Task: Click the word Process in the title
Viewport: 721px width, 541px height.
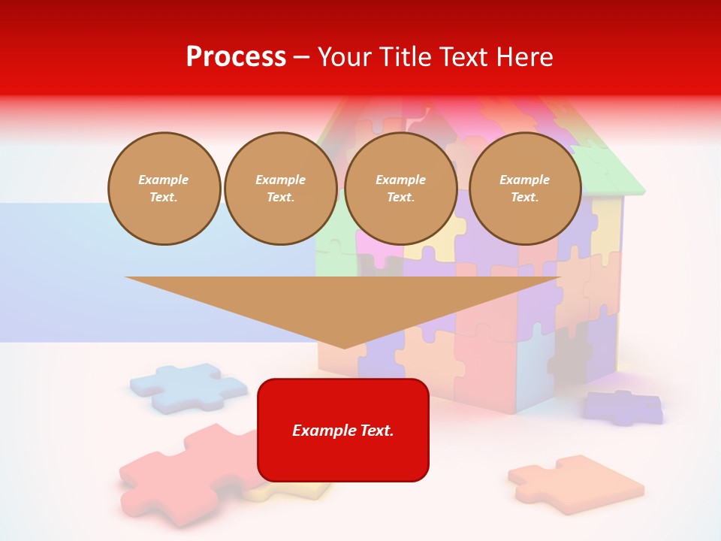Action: tap(236, 57)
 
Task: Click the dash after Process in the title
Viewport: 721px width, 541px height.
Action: tap(302, 58)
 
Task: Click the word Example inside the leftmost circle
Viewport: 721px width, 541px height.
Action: tap(164, 180)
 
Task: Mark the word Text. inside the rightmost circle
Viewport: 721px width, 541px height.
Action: tap(524, 197)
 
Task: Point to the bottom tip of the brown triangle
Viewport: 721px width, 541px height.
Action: tap(344, 346)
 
